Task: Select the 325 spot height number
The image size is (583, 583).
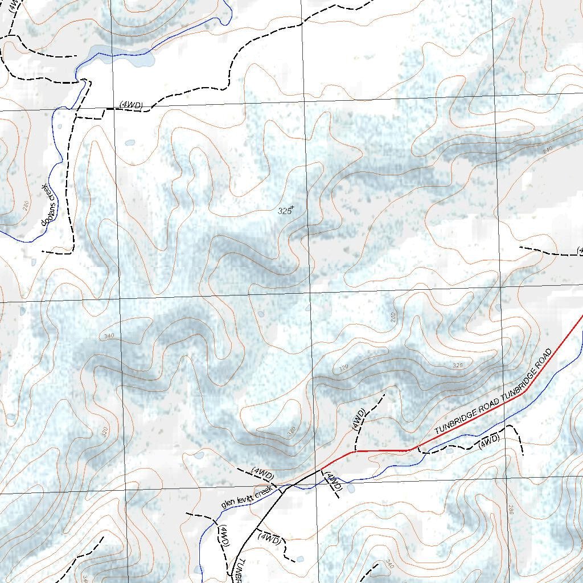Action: point(284,211)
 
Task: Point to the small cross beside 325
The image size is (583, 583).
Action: point(292,208)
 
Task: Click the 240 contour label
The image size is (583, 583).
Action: point(548,149)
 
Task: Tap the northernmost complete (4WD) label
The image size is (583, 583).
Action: point(132,105)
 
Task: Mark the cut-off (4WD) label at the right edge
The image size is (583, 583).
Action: point(580,251)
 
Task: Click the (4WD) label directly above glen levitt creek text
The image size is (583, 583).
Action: point(262,474)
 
